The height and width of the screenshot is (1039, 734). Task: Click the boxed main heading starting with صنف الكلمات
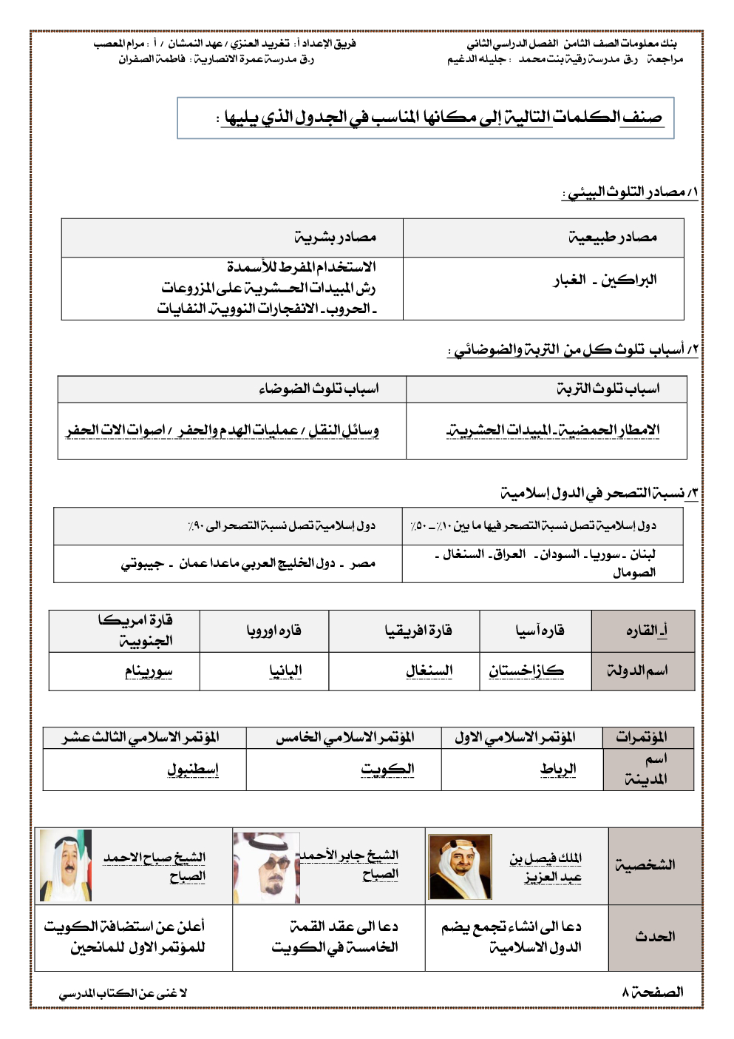coord(442,117)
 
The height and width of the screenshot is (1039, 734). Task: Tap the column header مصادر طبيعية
coord(612,238)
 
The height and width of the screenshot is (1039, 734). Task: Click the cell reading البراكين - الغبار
coord(605,280)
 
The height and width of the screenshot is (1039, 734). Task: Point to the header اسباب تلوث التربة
coord(608,389)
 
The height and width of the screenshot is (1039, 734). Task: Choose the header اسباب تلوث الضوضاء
coord(319,389)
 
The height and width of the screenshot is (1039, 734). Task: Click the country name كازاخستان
coord(526,670)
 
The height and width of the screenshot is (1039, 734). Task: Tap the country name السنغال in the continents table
coord(429,670)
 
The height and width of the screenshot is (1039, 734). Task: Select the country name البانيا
coord(285,670)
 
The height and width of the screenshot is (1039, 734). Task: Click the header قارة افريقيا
coord(418,631)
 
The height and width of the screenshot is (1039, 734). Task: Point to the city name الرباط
coord(557,769)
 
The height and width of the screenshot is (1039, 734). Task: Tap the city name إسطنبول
coord(192,769)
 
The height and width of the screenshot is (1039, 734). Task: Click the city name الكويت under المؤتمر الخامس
coord(387,769)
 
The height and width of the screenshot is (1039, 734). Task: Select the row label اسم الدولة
coord(637,670)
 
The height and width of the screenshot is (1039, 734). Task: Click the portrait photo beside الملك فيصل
coord(460,867)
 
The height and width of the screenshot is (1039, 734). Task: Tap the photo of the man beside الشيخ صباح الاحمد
coord(65,865)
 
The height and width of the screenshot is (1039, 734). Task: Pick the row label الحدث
coord(654,937)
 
